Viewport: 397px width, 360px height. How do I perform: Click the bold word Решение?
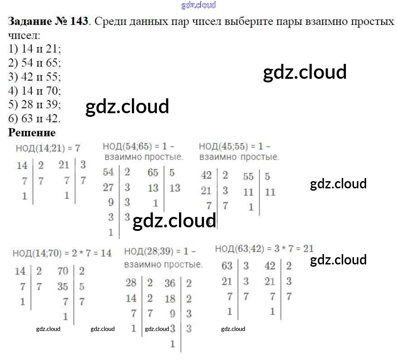pyautogui.click(x=32, y=133)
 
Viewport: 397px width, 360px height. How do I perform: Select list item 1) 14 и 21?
pyautogui.click(x=34, y=49)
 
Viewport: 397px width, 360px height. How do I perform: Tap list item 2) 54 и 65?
pyautogui.click(x=34, y=63)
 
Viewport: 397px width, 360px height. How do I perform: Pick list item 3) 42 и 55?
pyautogui.click(x=34, y=77)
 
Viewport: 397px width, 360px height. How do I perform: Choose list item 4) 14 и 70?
pyautogui.click(x=34, y=91)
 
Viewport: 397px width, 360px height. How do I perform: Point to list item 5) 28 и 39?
pyautogui.click(x=34, y=105)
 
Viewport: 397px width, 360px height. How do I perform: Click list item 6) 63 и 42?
pyautogui.click(x=34, y=119)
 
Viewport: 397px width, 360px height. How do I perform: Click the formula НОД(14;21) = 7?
pyautogui.click(x=48, y=148)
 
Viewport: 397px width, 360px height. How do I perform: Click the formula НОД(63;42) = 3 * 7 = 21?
pyautogui.click(x=264, y=249)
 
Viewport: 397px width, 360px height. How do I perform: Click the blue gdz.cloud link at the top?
pyautogui.click(x=198, y=5)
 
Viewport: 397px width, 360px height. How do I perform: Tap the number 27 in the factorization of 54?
pyautogui.click(x=108, y=187)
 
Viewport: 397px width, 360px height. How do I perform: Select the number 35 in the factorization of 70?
pyautogui.click(x=63, y=287)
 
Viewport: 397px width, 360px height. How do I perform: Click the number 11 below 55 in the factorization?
pyautogui.click(x=248, y=192)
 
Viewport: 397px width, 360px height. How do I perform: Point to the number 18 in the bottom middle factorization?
pyautogui.click(x=170, y=298)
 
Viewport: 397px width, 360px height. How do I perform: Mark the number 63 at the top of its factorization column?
pyautogui.click(x=227, y=266)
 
